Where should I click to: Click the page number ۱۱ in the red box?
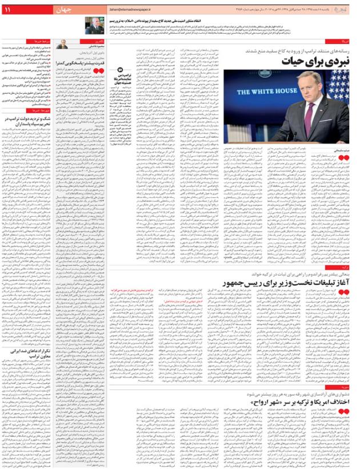tap(10, 11)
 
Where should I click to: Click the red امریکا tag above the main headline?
tap(348, 42)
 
